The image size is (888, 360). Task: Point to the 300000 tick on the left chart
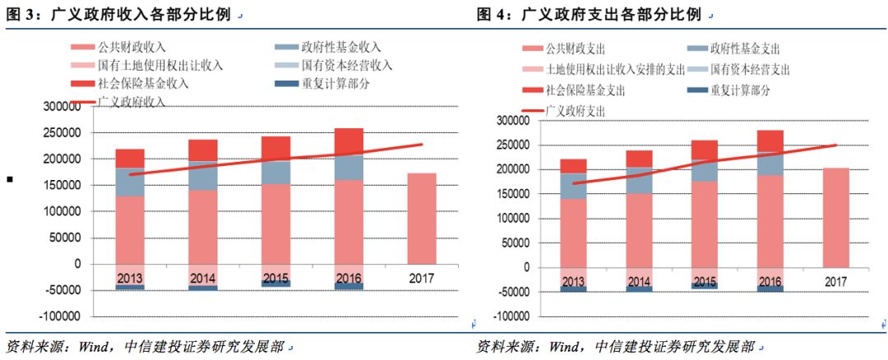pyautogui.click(x=66, y=107)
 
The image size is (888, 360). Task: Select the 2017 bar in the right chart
pyautogui.click(x=835, y=217)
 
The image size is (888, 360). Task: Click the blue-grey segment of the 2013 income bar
pyautogui.click(x=130, y=182)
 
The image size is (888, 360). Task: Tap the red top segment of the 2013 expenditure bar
pyautogui.click(x=573, y=166)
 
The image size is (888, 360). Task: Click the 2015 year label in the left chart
pyautogui.click(x=275, y=279)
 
